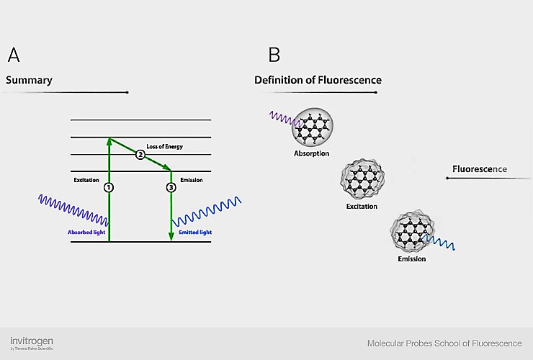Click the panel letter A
[x=13, y=55]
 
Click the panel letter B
[x=274, y=55]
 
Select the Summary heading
[x=29, y=80]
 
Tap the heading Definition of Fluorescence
[x=318, y=80]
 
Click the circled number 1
[x=109, y=187]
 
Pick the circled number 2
[x=140, y=154]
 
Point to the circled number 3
[x=171, y=187]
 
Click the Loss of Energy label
[x=164, y=146]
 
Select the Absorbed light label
[x=86, y=232]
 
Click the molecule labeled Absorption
[x=313, y=127]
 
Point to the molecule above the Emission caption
[x=411, y=231]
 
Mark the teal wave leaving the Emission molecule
[x=442, y=243]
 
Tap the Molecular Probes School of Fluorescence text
[x=444, y=343]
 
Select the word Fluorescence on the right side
[x=479, y=170]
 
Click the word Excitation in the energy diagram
[x=86, y=179]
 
